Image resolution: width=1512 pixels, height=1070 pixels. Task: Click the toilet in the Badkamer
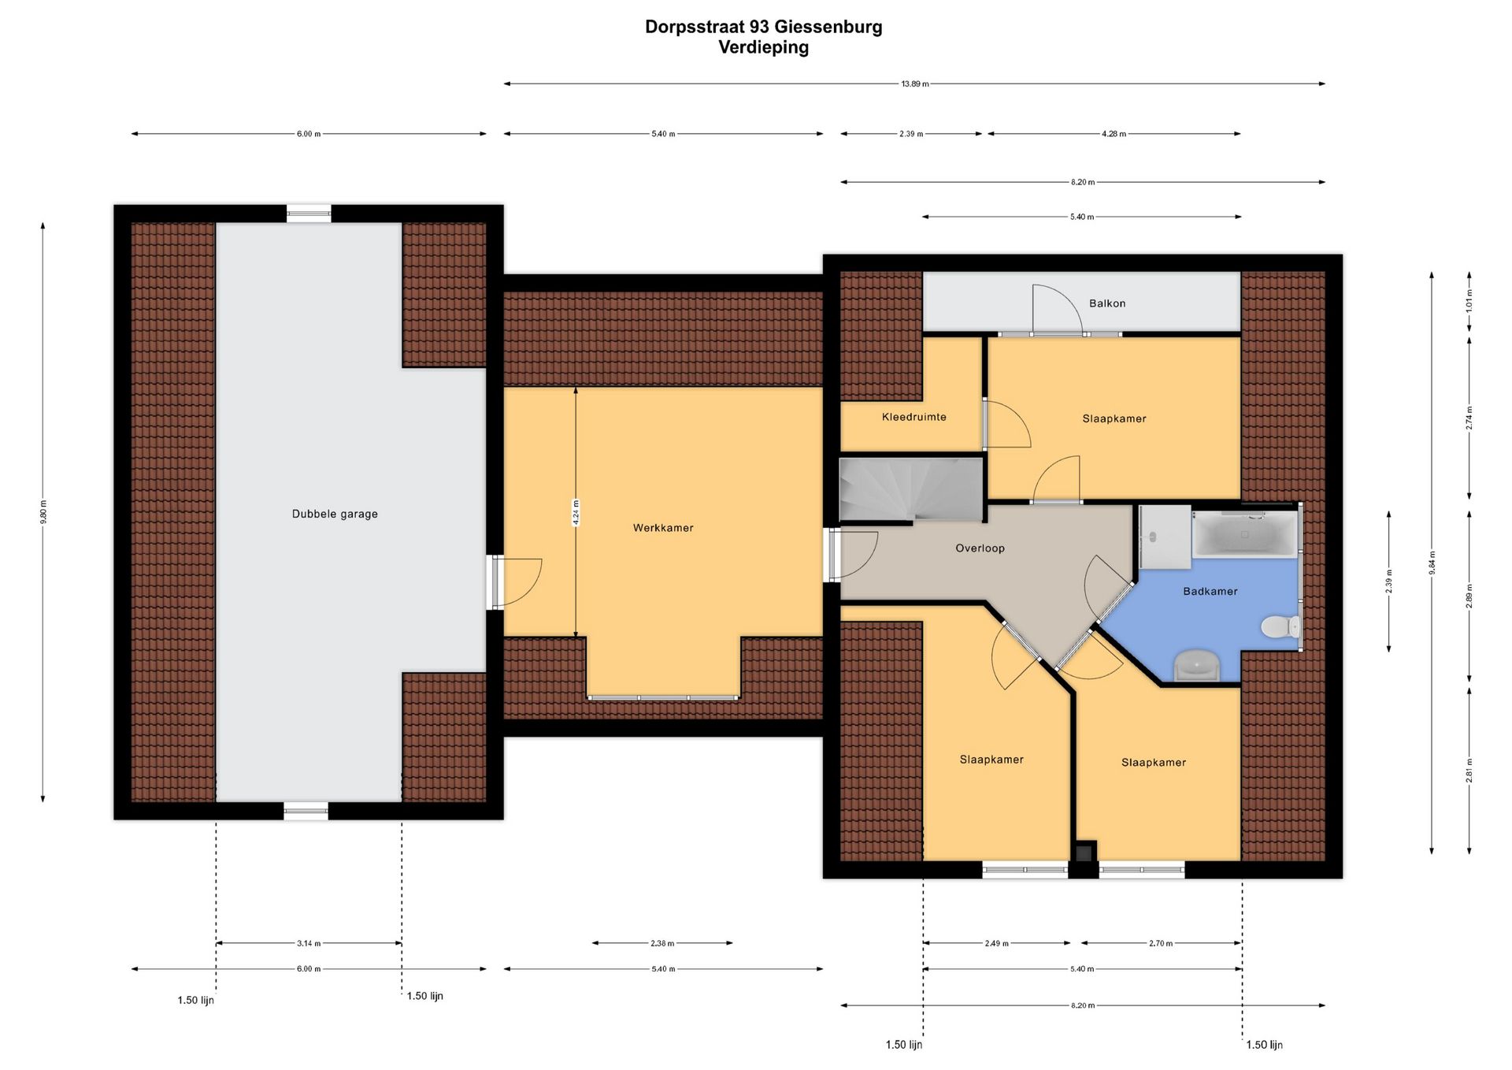coord(1280,627)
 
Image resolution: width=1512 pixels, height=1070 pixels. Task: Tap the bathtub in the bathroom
coord(1244,534)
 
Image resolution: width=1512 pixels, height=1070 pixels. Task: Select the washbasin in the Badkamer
coord(1197,665)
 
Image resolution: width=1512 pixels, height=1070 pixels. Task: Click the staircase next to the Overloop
coord(912,489)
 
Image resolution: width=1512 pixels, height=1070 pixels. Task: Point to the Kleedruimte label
coord(913,417)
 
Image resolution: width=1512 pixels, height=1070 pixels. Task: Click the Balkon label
coord(1107,303)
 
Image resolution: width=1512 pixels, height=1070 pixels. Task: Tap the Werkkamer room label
coord(663,528)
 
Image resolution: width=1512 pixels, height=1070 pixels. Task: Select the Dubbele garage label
coord(335,514)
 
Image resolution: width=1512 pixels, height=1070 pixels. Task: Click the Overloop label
coord(980,548)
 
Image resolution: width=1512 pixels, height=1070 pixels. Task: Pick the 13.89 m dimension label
coord(915,84)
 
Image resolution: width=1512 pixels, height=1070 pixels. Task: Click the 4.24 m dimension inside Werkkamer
coord(576,513)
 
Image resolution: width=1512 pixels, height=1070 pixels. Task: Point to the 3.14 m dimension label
coord(309,943)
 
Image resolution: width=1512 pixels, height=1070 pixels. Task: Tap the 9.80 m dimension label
coord(43,512)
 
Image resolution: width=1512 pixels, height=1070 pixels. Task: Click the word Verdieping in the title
coord(763,47)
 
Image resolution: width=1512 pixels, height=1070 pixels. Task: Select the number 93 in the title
coord(759,27)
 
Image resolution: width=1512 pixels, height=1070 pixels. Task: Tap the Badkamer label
coord(1210,591)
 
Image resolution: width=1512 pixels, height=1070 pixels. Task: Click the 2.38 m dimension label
coord(662,943)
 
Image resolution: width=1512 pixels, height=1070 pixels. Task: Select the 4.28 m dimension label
coord(1114,134)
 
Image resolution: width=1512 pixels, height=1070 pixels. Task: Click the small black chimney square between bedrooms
coord(1084,852)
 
